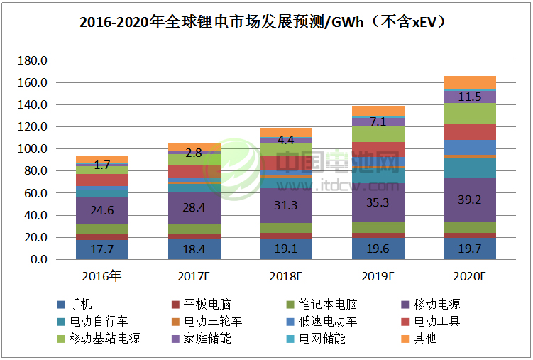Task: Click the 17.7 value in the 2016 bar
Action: [102, 249]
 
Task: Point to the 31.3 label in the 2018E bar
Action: [286, 205]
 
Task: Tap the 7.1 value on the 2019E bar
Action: [378, 121]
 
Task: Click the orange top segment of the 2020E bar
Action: [470, 82]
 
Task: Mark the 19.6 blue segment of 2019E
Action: [378, 248]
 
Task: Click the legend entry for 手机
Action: [80, 305]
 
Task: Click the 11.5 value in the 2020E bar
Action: [470, 97]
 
